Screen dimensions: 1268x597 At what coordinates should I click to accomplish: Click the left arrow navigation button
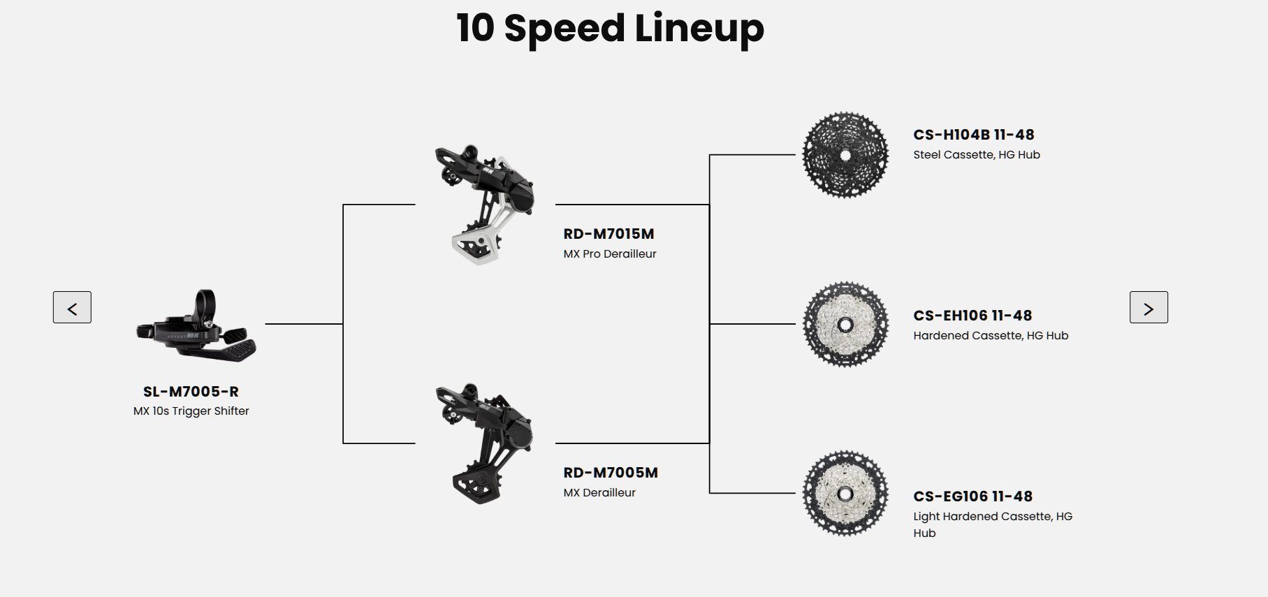(72, 307)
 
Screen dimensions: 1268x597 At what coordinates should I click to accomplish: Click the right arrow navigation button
(1149, 307)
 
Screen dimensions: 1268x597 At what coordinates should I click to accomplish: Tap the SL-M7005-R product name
(191, 392)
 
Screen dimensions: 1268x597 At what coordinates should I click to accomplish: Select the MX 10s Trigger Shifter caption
(191, 411)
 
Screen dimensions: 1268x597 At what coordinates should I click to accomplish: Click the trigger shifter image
(196, 326)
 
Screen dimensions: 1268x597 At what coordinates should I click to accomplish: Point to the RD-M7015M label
(609, 234)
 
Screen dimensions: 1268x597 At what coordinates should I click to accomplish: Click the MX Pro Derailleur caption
(610, 253)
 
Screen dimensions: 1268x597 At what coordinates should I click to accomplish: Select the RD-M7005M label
(611, 473)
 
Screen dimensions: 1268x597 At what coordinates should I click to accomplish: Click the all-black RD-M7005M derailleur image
(484, 443)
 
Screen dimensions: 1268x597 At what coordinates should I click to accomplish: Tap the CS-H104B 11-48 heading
(973, 135)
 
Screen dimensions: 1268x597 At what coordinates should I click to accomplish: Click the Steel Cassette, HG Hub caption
(977, 154)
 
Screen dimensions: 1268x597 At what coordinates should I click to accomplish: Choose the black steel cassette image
(845, 154)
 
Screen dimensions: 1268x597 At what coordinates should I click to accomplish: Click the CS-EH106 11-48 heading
(972, 316)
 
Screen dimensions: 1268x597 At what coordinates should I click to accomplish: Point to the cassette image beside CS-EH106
(845, 324)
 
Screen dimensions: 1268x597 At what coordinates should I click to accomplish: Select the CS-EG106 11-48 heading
(972, 496)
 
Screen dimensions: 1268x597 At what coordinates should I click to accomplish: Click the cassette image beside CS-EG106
(845, 493)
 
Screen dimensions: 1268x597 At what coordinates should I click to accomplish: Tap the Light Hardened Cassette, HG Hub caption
(993, 524)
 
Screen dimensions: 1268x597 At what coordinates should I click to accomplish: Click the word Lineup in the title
(699, 29)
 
